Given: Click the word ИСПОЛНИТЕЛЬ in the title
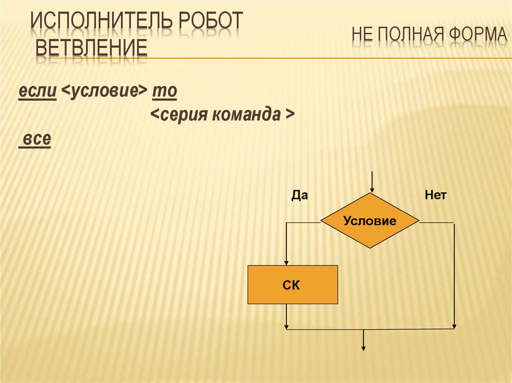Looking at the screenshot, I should (x=99, y=22).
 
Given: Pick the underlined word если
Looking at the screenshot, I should (x=37, y=92).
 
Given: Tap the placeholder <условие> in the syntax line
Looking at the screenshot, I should (x=104, y=92).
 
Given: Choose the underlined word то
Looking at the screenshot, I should (x=164, y=92).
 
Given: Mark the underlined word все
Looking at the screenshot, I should (x=35, y=139).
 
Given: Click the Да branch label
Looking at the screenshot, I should (x=299, y=196).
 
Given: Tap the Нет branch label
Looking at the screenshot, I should (x=435, y=196).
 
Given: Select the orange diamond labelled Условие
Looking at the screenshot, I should (x=369, y=221).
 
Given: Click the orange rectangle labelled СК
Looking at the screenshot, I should (x=293, y=285).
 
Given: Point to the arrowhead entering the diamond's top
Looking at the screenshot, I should (x=371, y=189).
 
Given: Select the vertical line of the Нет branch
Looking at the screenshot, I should (x=454, y=275).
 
